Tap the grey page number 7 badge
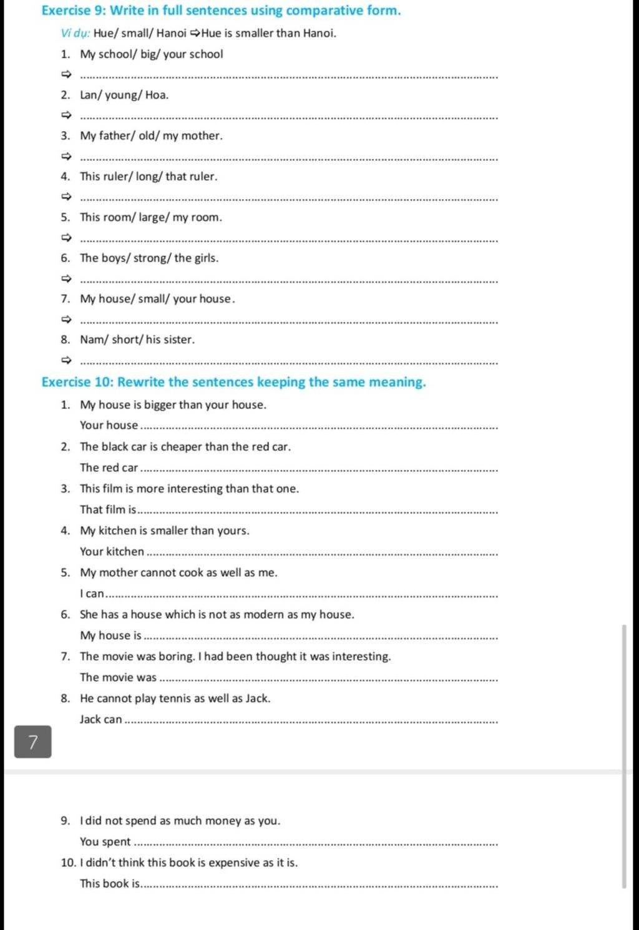pyautogui.click(x=33, y=742)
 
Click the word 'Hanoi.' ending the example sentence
pyautogui.click(x=319, y=33)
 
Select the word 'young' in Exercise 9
pyautogui.click(x=122, y=95)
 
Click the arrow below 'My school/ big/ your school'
pyautogui.click(x=67, y=76)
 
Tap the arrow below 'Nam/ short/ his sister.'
pyautogui.click(x=67, y=361)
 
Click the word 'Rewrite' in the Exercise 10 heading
pyautogui.click(x=141, y=382)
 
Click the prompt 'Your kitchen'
pyautogui.click(x=112, y=552)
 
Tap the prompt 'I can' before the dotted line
pyautogui.click(x=92, y=594)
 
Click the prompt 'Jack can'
pyautogui.click(x=100, y=720)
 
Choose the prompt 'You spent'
pyautogui.click(x=105, y=842)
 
